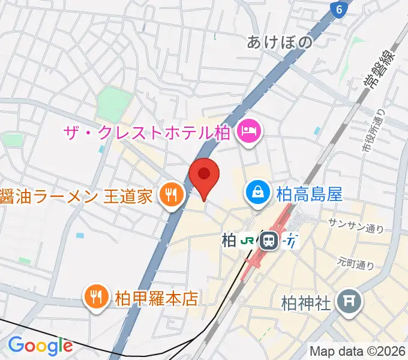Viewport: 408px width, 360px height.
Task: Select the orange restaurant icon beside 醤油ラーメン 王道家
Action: [172, 196]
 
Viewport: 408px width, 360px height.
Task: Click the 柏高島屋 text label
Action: [309, 194]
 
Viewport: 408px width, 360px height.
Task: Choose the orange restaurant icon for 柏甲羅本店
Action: [96, 297]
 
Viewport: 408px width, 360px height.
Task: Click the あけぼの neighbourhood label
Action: [280, 42]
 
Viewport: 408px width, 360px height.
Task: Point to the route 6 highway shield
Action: [340, 9]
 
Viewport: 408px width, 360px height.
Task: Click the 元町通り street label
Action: [356, 263]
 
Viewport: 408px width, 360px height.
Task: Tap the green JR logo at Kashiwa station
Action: [247, 241]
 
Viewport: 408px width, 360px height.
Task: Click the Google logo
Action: [40, 346]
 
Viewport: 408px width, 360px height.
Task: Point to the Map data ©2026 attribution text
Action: [358, 350]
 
